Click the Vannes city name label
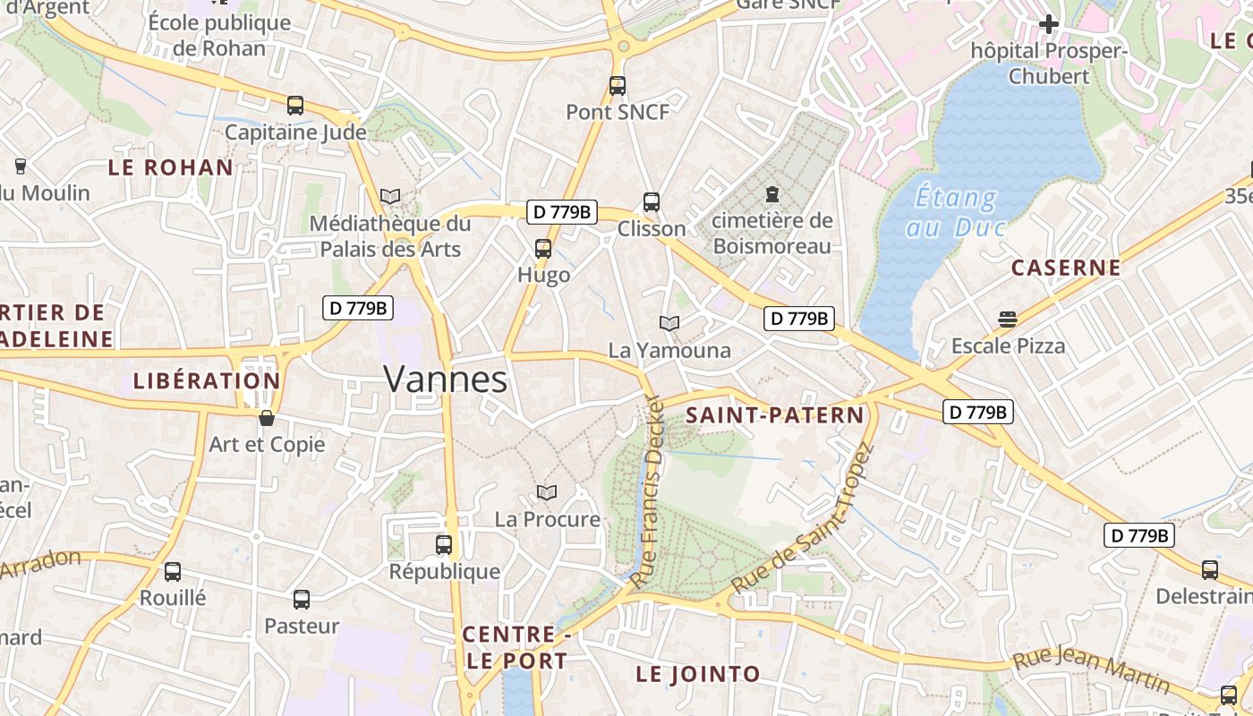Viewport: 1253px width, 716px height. [x=445, y=379]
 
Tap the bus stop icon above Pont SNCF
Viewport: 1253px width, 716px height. [x=618, y=86]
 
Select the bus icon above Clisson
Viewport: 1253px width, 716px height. [x=652, y=202]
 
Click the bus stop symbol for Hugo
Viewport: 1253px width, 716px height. [x=543, y=249]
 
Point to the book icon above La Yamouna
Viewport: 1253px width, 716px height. [x=669, y=323]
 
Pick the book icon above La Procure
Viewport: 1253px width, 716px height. [x=547, y=492]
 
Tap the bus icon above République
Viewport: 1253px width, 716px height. [x=444, y=544]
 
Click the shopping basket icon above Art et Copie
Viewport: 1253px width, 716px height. [x=267, y=417]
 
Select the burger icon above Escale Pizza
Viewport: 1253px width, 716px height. [x=1008, y=320]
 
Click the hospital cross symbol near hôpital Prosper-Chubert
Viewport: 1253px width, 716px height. [x=1049, y=24]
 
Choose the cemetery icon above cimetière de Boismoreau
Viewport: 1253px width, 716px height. [x=771, y=193]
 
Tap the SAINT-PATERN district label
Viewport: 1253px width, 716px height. [x=775, y=415]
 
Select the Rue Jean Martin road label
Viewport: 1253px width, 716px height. [x=1091, y=672]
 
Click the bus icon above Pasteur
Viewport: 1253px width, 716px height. [x=302, y=600]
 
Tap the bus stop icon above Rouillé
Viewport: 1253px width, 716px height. [x=173, y=571]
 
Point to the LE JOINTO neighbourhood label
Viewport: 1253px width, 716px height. [x=698, y=674]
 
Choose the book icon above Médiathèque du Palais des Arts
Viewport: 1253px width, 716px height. [x=390, y=196]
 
